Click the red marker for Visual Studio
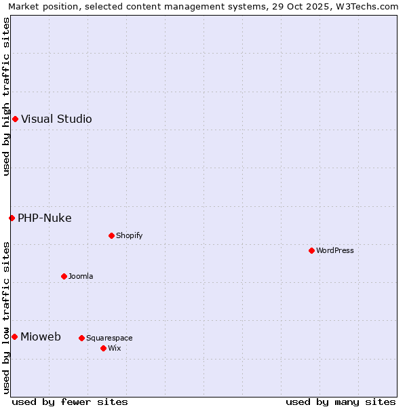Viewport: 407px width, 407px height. (x=15, y=119)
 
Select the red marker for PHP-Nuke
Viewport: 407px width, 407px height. (x=12, y=218)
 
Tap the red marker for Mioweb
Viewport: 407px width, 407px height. (x=14, y=337)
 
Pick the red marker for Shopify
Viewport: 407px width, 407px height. (x=111, y=235)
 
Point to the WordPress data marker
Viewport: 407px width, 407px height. (x=311, y=250)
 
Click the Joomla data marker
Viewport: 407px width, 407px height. (x=64, y=276)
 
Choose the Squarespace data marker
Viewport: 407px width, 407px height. (x=81, y=338)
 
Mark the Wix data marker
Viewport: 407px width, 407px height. (x=103, y=348)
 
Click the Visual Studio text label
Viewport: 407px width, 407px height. (x=56, y=119)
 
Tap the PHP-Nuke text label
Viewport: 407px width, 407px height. (x=45, y=218)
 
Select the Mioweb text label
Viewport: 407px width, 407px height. (x=41, y=337)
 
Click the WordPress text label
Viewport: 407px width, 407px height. (x=335, y=250)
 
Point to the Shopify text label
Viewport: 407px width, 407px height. (x=130, y=235)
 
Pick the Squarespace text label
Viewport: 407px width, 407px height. (x=109, y=338)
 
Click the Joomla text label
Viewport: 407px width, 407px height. (x=81, y=276)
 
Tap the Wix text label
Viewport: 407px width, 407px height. (x=115, y=348)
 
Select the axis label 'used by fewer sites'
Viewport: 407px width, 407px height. (x=70, y=402)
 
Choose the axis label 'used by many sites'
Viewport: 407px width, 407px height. (x=341, y=402)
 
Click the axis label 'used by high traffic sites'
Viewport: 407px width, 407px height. (x=6, y=96)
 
